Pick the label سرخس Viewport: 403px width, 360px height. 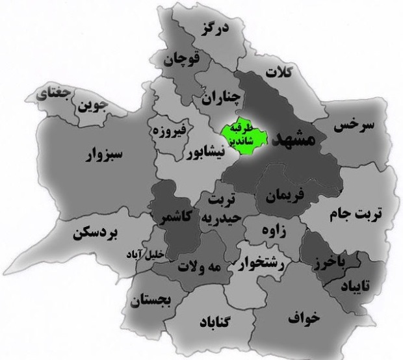click(354, 127)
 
